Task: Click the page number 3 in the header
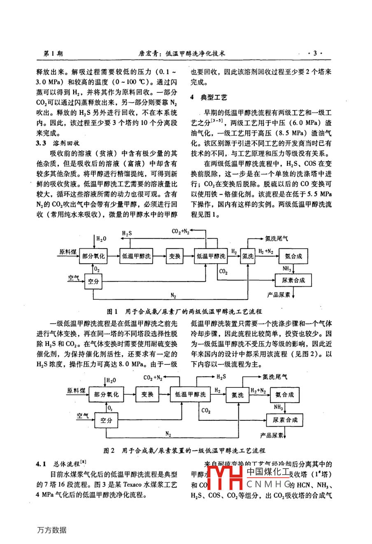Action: click(x=315, y=53)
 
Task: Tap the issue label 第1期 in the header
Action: click(x=53, y=54)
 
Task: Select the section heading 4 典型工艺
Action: click(x=209, y=97)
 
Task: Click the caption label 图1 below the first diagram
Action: click(x=112, y=311)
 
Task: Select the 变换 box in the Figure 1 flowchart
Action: click(x=174, y=256)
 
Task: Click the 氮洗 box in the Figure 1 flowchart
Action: click(x=248, y=256)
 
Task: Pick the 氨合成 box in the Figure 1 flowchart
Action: click(x=293, y=256)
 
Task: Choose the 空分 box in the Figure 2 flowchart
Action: click(x=106, y=420)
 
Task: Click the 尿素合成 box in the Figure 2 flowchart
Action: click(x=285, y=420)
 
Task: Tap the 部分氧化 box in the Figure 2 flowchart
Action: click(x=106, y=394)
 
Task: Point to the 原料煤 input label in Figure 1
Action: click(x=68, y=252)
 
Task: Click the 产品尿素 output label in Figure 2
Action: click(x=272, y=435)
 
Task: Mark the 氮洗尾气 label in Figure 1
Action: click(x=277, y=238)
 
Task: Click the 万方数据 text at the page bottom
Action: click(x=51, y=530)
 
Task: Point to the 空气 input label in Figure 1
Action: click(x=74, y=278)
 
